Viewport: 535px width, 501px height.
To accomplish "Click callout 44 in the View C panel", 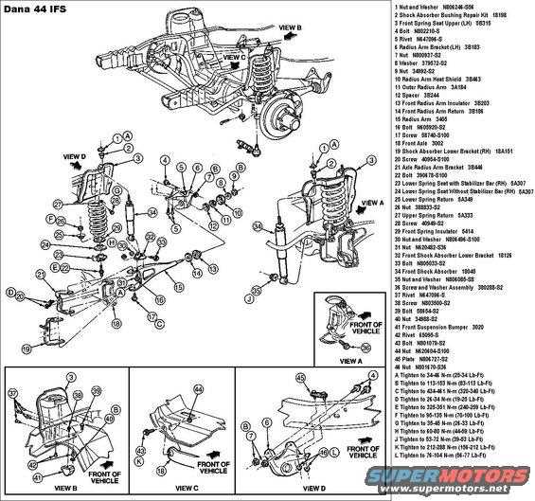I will [197, 389].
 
